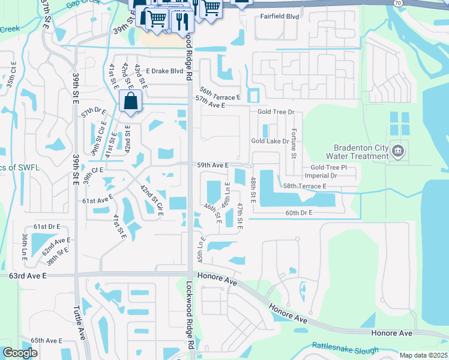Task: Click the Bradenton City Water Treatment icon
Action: point(397,151)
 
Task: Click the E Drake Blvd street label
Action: point(162,71)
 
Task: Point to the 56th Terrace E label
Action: point(220,93)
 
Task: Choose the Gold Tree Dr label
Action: point(276,112)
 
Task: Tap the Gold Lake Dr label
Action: point(270,141)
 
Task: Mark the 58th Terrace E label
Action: point(305,187)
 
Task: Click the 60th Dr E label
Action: point(300,213)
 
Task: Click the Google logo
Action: point(20,353)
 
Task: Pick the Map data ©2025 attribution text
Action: point(423,355)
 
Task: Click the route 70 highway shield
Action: point(397,3)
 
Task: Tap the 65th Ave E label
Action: point(46,340)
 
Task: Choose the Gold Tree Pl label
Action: point(329,167)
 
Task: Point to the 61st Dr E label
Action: point(47,226)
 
